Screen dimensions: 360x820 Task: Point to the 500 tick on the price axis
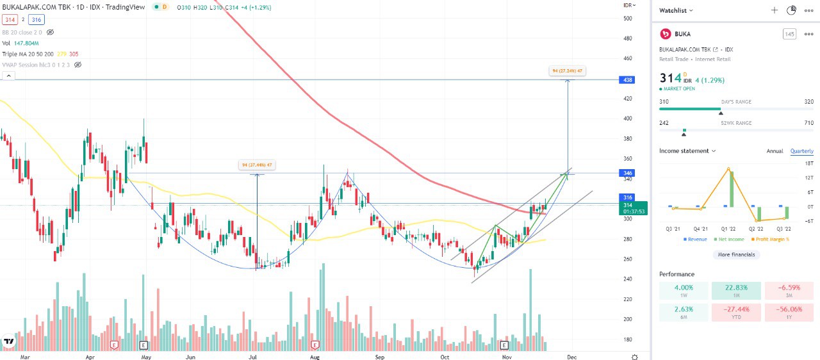628,18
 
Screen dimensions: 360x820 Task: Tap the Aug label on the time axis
315,357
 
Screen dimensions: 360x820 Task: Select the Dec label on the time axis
571,357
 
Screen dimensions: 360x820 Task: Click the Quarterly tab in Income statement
801,151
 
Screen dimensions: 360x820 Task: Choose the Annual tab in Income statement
775,151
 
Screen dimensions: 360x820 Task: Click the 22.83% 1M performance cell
736,291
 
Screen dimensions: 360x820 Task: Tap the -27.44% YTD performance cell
736,313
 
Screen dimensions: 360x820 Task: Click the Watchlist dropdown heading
676,10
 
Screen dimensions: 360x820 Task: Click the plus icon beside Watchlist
774,10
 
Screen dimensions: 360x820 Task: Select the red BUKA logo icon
666,34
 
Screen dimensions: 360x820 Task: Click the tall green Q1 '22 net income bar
731,189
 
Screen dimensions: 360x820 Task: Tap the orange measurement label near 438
567,71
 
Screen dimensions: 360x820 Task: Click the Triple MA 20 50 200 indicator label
28,54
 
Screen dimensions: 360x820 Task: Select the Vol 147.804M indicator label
21,43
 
